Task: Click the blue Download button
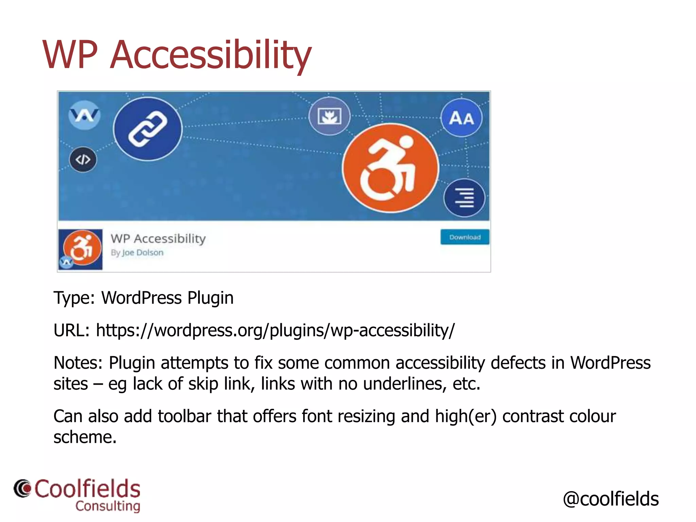pyautogui.click(x=465, y=237)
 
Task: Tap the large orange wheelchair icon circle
pyautogui.click(x=390, y=168)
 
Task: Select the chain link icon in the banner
pyautogui.click(x=148, y=129)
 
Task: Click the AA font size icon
pyautogui.click(x=461, y=118)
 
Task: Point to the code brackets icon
pyautogui.click(x=83, y=159)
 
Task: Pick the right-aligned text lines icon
pyautogui.click(x=464, y=198)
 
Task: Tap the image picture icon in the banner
pyautogui.click(x=329, y=116)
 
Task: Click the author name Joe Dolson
pyautogui.click(x=143, y=253)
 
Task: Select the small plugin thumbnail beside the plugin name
pyautogui.click(x=81, y=249)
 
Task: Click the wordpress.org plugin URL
pyautogui.click(x=275, y=330)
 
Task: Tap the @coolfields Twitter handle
pyautogui.click(x=611, y=499)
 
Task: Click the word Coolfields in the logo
pyautogui.click(x=87, y=489)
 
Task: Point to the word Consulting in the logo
pyautogui.click(x=108, y=506)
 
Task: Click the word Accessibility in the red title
pyautogui.click(x=211, y=55)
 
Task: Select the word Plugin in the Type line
pyautogui.click(x=210, y=298)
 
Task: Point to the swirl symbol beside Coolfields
pyautogui.click(x=23, y=489)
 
